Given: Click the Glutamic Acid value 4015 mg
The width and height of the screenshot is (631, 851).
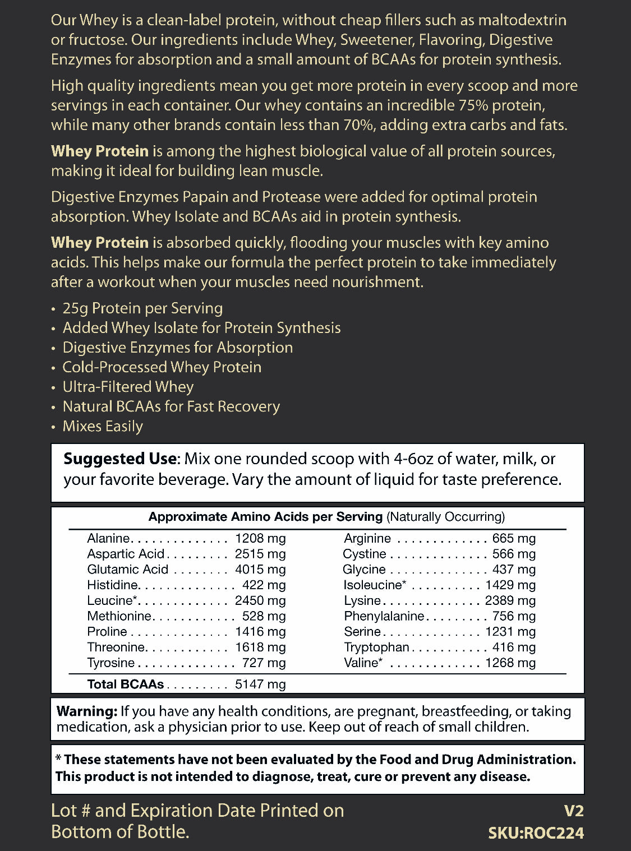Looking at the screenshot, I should pos(260,570).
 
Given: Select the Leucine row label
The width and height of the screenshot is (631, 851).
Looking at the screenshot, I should pos(112,600).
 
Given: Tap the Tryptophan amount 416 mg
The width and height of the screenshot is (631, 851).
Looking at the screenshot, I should pos(514,647).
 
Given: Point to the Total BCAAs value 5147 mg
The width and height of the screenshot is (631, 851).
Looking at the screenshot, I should pos(260,684).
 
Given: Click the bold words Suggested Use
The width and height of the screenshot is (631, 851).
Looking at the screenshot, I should pos(119,459).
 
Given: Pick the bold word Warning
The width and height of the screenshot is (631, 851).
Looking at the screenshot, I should pos(86,711).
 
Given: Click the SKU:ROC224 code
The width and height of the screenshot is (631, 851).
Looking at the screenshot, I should pos(536,833).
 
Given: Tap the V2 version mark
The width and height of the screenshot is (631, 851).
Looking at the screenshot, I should pos(573,811).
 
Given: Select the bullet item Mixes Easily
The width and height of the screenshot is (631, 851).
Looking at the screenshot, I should pos(103,427).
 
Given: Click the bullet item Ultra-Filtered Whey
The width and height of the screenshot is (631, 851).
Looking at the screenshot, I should pos(128,387).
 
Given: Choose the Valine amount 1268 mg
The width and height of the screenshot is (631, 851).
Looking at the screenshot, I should pos(510,663).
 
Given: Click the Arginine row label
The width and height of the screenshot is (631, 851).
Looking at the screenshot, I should pos(367,539).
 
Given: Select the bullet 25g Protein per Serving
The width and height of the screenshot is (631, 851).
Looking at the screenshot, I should pos(142,308).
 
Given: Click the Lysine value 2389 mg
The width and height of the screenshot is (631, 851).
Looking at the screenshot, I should pos(510,600).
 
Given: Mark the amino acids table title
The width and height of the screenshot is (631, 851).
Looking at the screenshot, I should pos(326,517).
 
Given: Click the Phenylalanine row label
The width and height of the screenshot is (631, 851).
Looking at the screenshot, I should pos(384,616).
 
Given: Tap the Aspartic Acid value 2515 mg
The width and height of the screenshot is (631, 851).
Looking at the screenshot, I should pos(260,554).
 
